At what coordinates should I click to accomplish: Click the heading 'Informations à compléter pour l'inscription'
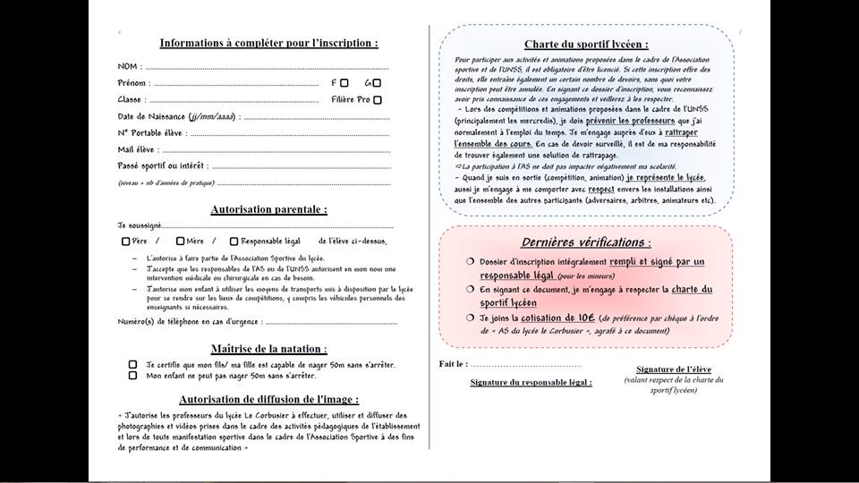268,43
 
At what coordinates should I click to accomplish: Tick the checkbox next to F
344,83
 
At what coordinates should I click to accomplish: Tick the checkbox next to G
377,83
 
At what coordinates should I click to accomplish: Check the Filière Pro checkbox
378,100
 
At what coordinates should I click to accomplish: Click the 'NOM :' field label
129,67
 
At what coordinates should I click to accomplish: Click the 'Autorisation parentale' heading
268,210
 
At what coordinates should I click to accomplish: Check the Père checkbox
126,241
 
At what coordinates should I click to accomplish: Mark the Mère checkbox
180,241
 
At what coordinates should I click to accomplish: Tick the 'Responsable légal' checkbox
234,241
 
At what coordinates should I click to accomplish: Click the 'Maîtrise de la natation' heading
268,349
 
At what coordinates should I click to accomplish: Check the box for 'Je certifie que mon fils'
132,365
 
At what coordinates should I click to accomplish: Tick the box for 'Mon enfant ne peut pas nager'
132,376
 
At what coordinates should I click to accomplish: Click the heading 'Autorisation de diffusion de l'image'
268,400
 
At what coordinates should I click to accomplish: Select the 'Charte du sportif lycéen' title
586,45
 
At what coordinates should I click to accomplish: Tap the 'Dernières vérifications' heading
586,242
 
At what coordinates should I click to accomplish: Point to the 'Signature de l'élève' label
674,369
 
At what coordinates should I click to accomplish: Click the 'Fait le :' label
453,364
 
